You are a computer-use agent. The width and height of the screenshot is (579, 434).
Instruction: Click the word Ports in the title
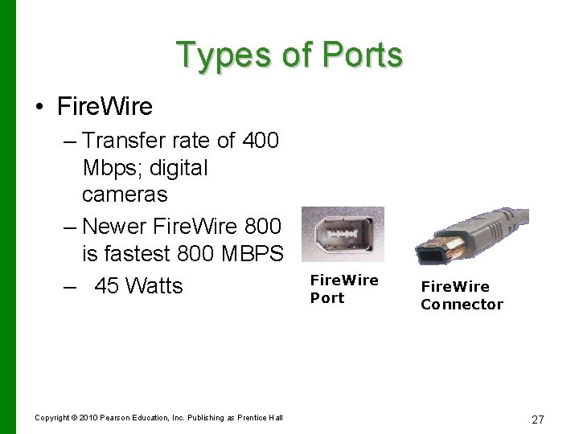click(362, 55)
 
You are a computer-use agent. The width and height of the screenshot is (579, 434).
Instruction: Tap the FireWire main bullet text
click(105, 106)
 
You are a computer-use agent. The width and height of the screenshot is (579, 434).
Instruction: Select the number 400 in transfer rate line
click(261, 141)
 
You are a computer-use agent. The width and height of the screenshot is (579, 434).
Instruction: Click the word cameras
click(125, 194)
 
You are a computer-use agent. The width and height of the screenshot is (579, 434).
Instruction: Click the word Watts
click(154, 286)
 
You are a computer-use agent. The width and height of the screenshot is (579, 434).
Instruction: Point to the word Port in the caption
click(327, 298)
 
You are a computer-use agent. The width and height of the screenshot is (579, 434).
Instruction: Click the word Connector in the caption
click(462, 305)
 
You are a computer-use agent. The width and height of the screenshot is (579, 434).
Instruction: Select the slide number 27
click(538, 420)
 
